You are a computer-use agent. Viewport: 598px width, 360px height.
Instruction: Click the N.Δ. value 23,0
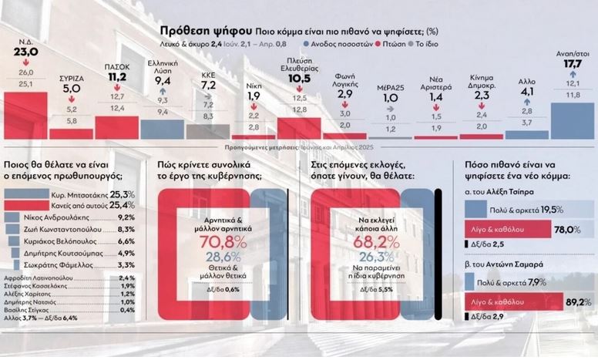point(25,52)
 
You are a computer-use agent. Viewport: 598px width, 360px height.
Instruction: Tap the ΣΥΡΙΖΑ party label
point(71,79)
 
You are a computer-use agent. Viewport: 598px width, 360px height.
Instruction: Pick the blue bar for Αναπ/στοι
point(573,120)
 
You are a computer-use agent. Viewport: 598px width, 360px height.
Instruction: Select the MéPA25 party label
point(391,88)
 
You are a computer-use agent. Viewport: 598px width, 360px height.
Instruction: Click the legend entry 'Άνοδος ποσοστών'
point(341,45)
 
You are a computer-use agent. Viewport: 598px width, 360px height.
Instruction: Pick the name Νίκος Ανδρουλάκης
point(65,217)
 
